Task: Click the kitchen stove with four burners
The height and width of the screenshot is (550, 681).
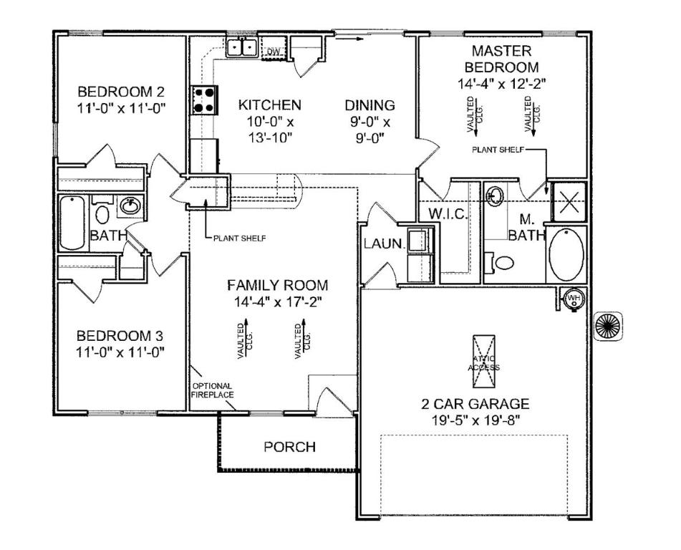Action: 204,100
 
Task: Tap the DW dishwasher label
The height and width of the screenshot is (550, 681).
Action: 273,52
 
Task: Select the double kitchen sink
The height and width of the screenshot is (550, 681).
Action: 242,47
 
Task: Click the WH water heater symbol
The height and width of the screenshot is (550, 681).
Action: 574,298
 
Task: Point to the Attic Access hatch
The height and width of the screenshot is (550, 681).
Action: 483,361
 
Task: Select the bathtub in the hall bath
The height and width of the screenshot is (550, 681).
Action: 72,223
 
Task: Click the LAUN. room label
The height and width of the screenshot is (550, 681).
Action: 384,243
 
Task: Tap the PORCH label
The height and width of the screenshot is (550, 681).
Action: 290,447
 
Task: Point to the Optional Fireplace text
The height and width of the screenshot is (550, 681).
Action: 213,390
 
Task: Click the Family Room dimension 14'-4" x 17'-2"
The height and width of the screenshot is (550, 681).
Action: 278,301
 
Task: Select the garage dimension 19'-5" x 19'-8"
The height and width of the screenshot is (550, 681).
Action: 476,420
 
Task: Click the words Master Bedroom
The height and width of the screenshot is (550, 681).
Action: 502,59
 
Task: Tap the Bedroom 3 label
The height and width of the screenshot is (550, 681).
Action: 120,336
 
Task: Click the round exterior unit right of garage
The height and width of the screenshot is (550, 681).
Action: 608,326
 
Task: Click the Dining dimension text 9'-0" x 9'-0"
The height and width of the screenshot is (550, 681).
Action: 370,130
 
